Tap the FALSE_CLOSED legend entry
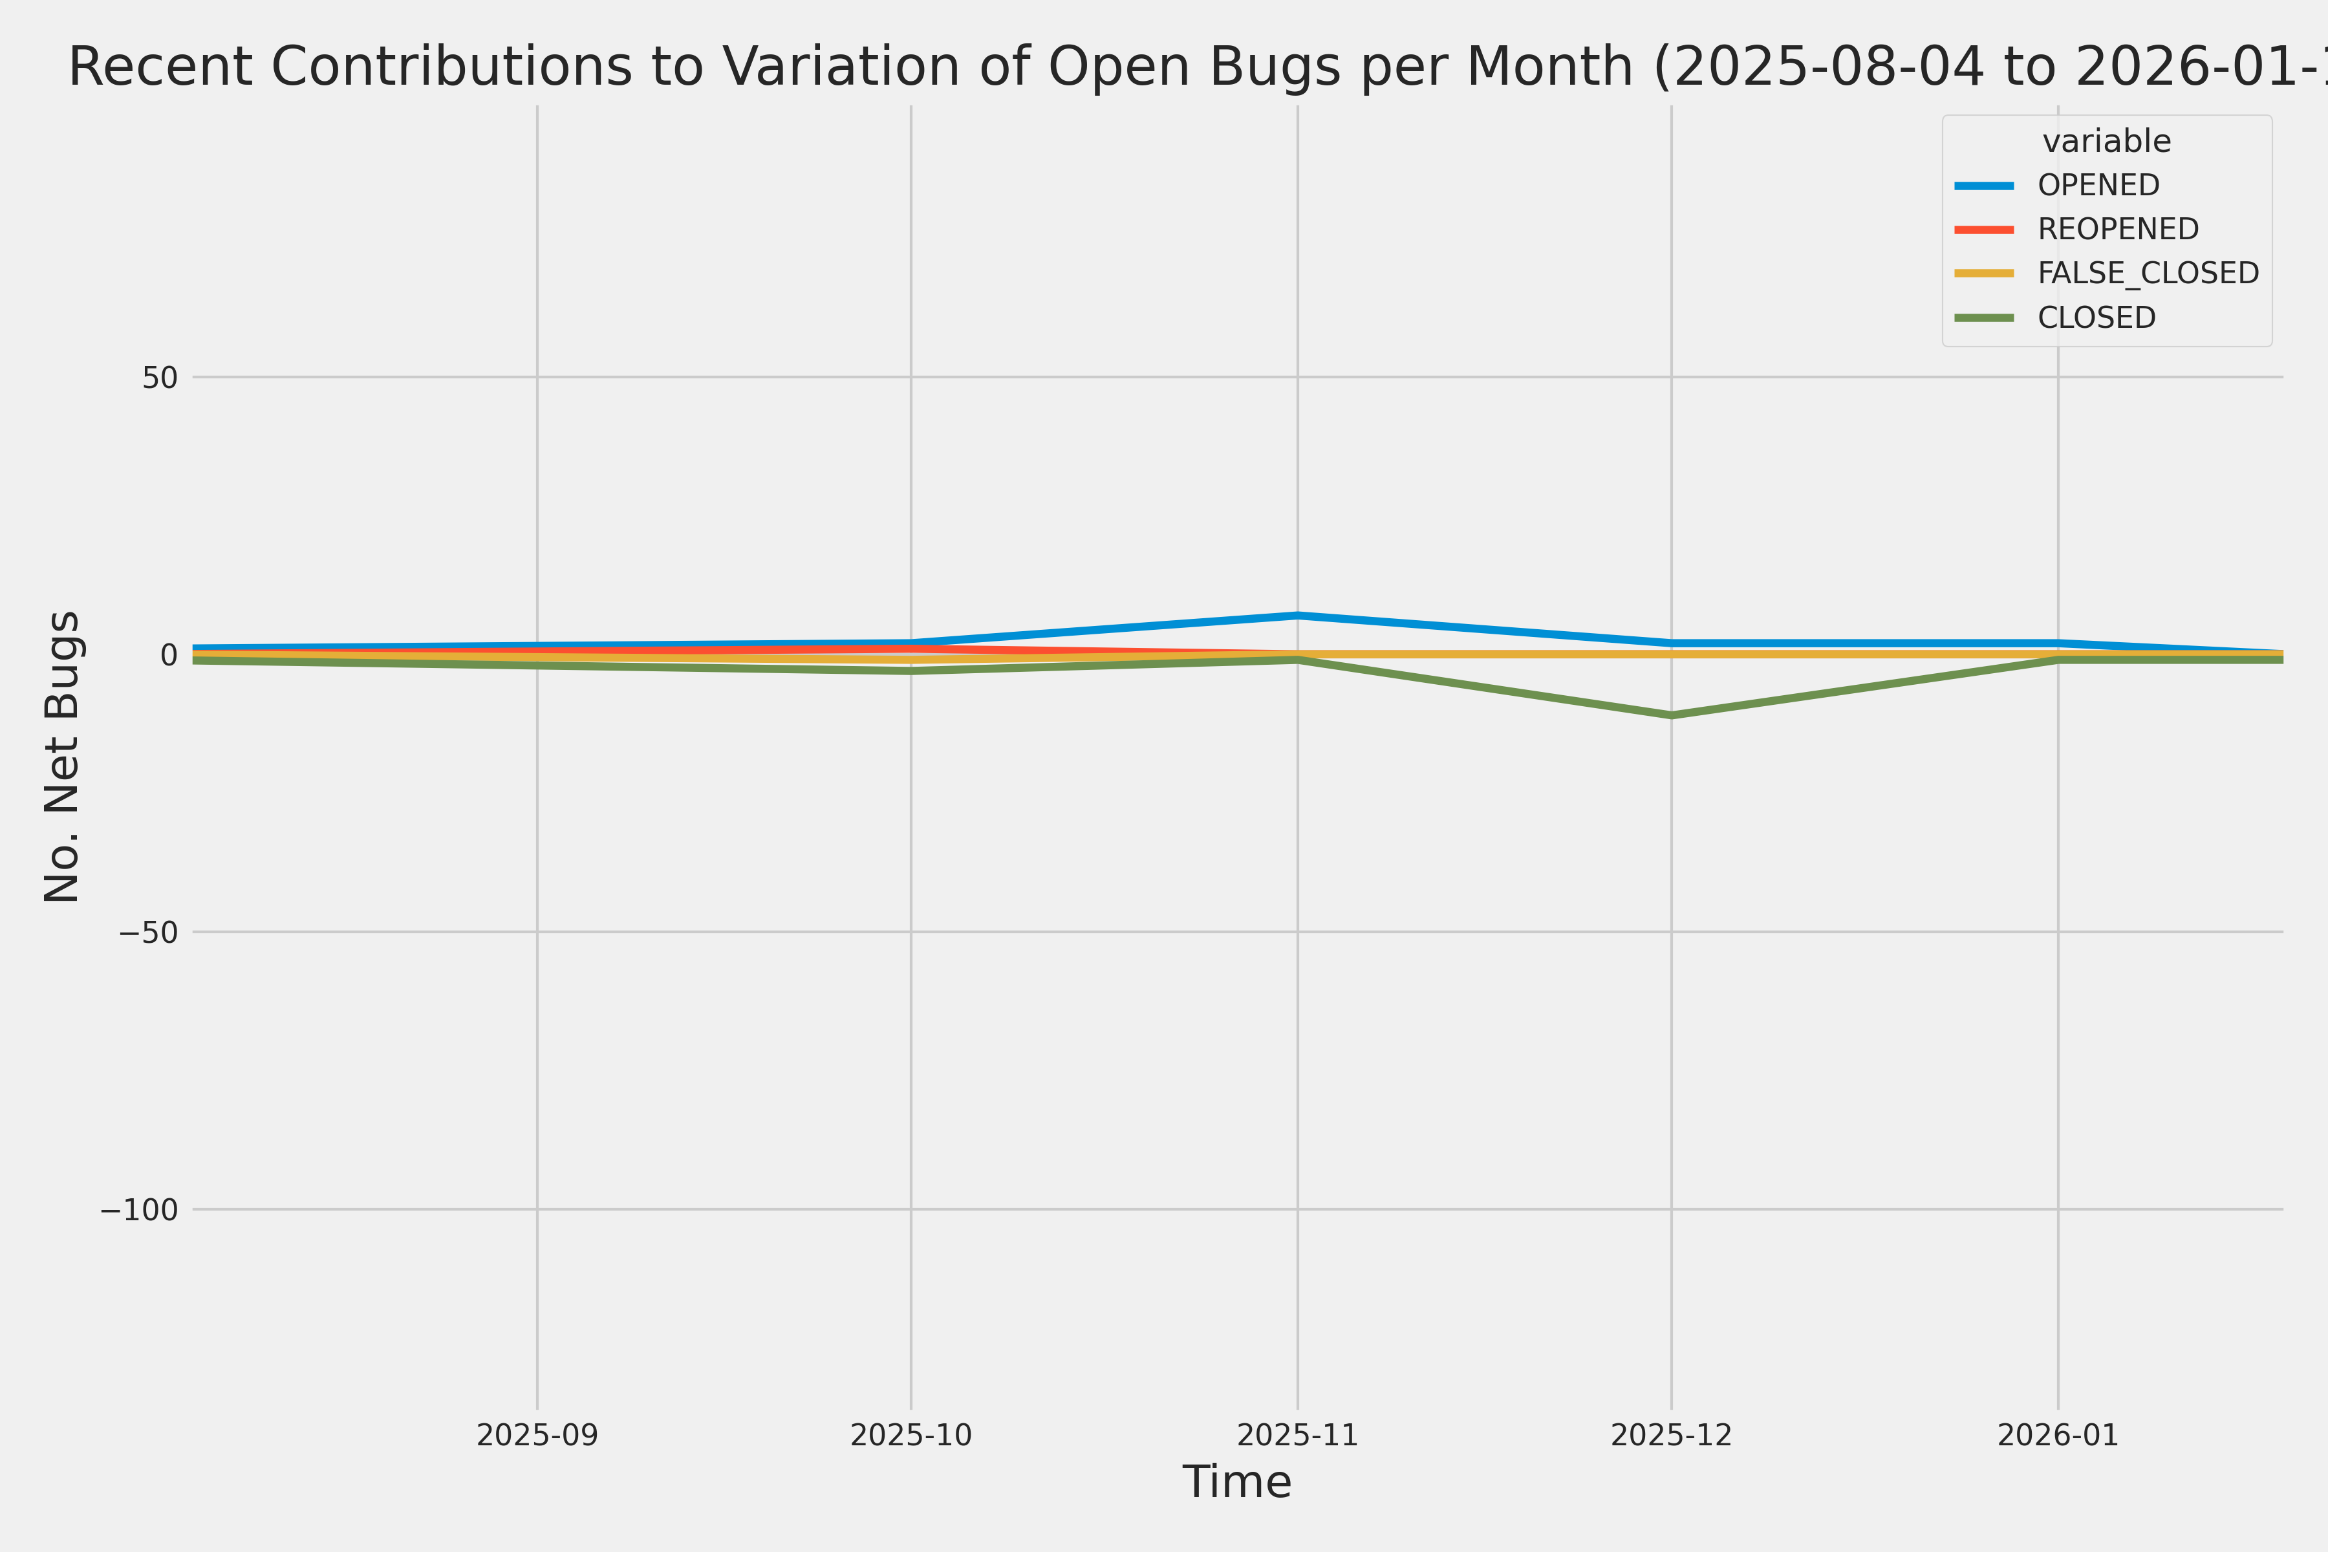pyautogui.click(x=2147, y=273)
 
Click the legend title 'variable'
pyautogui.click(x=2106, y=142)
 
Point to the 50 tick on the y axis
pyautogui.click(x=159, y=377)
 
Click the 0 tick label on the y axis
pyautogui.click(x=169, y=654)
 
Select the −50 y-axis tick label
pyautogui.click(x=149, y=932)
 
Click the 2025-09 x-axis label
pyautogui.click(x=537, y=1435)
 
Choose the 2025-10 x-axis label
pyautogui.click(x=911, y=1435)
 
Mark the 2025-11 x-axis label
pyautogui.click(x=1298, y=1435)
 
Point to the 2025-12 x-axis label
pyautogui.click(x=1672, y=1435)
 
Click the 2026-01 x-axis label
pyautogui.click(x=2058, y=1435)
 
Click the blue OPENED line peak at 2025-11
pyautogui.click(x=1298, y=615)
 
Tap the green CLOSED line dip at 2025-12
pyautogui.click(x=1672, y=715)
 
